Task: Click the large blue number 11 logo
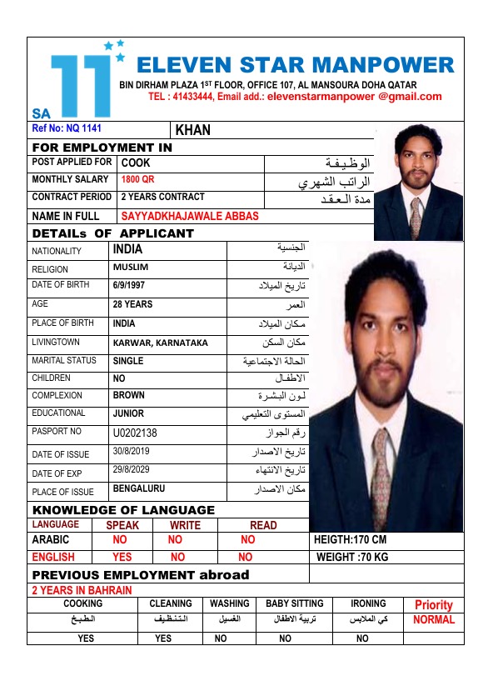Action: pos(81,84)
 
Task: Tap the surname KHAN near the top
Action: pos(193,130)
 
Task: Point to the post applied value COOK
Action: pos(136,163)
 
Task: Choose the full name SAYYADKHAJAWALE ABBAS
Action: pos(190,216)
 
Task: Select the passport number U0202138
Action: pos(135,433)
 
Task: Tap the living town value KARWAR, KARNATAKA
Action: pos(160,343)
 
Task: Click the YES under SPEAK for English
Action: pos(122,557)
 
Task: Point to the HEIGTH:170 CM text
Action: pos(350,540)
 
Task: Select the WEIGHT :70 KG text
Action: pos(351,557)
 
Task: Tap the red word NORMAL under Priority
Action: pos(434,620)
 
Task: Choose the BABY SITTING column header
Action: pos(294,603)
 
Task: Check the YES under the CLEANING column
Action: pos(163,638)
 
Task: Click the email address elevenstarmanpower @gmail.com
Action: pos(355,97)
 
